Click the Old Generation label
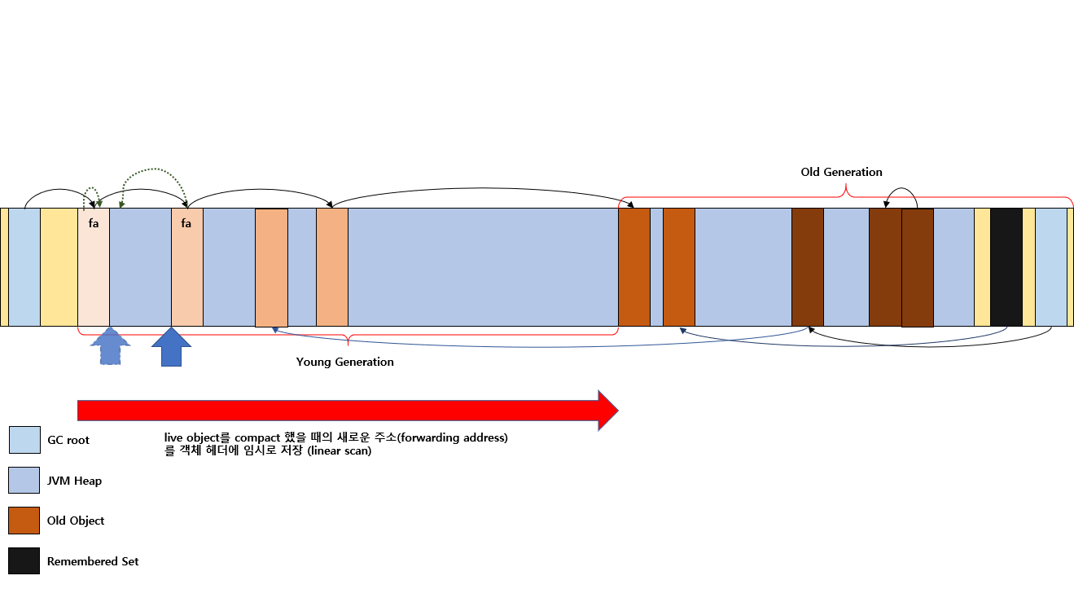click(841, 172)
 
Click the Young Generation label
click(344, 362)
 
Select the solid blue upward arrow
click(171, 347)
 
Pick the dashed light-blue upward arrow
click(110, 346)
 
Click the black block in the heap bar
click(1006, 267)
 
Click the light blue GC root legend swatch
click(24, 440)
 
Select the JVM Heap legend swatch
click(24, 480)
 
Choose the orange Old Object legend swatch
click(24, 521)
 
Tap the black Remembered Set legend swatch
click(24, 560)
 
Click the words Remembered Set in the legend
click(93, 561)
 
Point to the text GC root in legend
click(68, 440)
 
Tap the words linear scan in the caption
click(340, 451)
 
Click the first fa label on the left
click(94, 223)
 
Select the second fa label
click(186, 223)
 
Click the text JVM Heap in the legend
click(74, 481)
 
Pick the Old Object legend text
click(75, 521)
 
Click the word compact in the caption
click(257, 438)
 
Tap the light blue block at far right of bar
click(1051, 267)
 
